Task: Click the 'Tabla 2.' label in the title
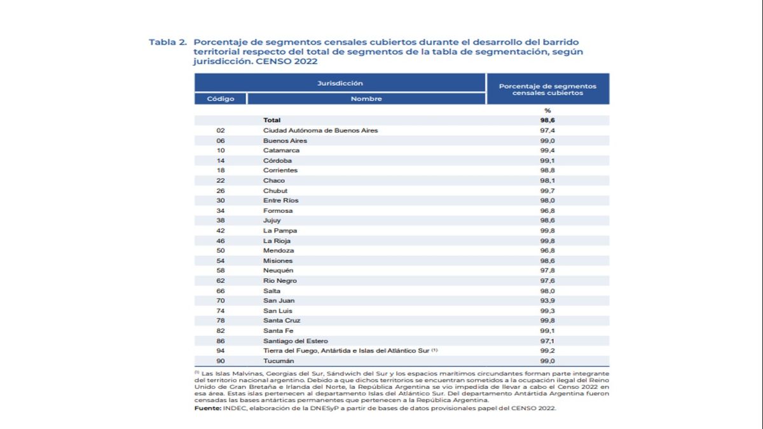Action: [168, 42]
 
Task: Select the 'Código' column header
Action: [221, 99]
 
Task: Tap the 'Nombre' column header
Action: [366, 99]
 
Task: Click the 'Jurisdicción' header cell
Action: [340, 83]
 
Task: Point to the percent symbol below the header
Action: [547, 111]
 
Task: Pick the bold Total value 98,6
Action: [547, 120]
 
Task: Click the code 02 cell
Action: [221, 130]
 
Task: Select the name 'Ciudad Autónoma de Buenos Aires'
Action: [320, 130]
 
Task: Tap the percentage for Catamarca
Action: [547, 150]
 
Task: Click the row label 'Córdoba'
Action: [277, 160]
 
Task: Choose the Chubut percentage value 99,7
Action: [547, 191]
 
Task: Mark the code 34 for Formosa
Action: [221, 211]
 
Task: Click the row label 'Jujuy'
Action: [272, 221]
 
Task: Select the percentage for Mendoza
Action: [547, 250]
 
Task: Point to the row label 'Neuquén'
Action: [278, 270]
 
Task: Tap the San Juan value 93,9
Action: [547, 301]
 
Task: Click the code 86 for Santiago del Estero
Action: [221, 341]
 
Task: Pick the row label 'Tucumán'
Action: [278, 361]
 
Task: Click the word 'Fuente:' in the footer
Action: [208, 408]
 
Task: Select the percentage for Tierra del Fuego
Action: [547, 351]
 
